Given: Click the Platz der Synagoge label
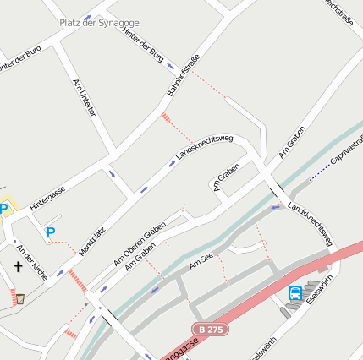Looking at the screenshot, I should (x=99, y=23).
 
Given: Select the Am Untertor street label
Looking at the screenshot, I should (x=85, y=97).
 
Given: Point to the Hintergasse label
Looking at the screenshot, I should (x=47, y=196).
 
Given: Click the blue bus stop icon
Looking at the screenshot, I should (x=294, y=294).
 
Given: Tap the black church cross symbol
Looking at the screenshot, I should (x=18, y=268).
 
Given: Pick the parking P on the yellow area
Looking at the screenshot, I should (x=4, y=208).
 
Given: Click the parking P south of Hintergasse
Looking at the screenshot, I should (x=51, y=232).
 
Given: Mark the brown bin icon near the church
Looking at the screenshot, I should (x=20, y=297).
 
